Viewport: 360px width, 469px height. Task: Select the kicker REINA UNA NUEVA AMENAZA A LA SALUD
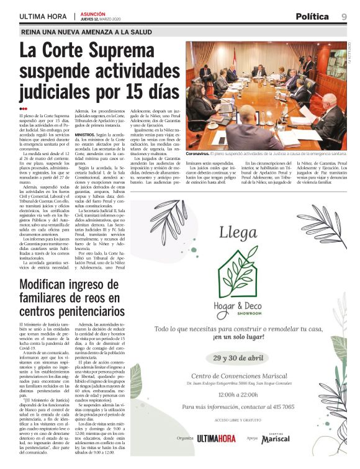pyautogui.click(x=87, y=32)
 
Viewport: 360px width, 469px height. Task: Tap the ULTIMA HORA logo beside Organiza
pyautogui.click(x=217, y=438)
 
